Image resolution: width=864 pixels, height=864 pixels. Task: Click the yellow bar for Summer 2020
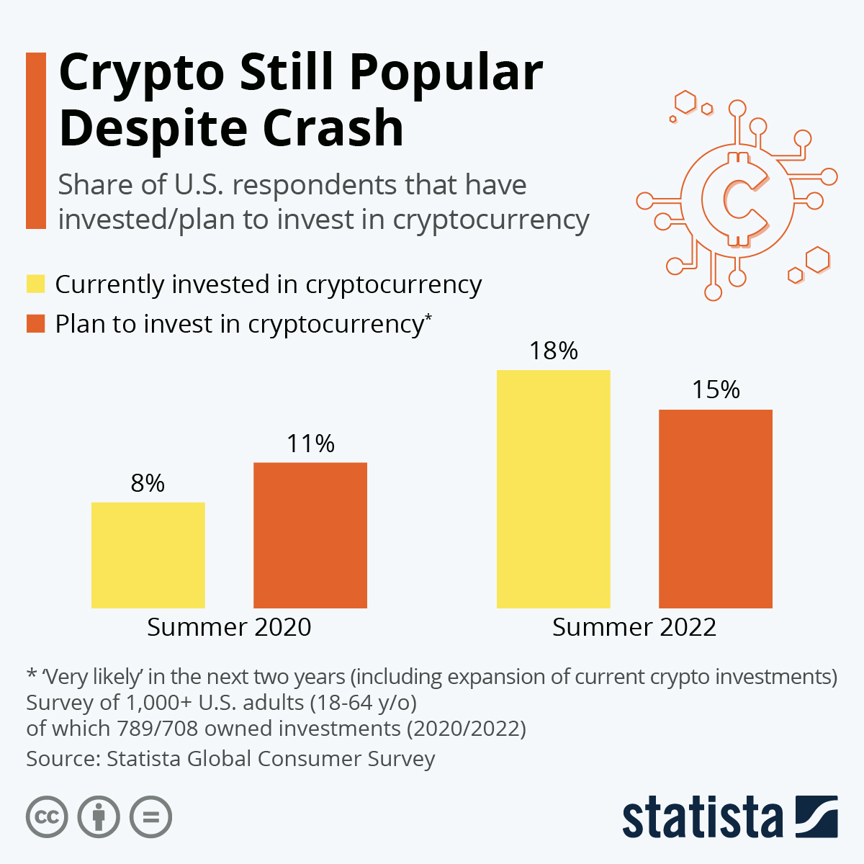[148, 555]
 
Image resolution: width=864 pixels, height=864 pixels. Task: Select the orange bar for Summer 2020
[310, 535]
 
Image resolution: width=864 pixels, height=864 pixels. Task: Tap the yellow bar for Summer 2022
[553, 489]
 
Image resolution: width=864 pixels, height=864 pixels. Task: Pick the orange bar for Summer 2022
[716, 508]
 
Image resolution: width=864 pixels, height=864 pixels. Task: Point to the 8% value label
[148, 483]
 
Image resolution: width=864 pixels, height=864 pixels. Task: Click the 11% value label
[310, 444]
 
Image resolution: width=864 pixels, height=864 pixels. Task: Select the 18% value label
[553, 351]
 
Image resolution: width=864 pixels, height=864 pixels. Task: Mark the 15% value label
[716, 390]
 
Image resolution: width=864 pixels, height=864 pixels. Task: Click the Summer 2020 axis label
[229, 627]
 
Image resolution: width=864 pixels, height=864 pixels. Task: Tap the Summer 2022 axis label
[634, 627]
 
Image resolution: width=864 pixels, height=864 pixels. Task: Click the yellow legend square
[36, 284]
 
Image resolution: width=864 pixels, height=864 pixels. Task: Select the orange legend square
[36, 323]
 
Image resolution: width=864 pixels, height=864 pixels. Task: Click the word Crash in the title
[333, 128]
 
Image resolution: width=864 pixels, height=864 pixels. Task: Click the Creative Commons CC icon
[47, 817]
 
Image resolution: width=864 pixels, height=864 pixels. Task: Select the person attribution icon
[99, 817]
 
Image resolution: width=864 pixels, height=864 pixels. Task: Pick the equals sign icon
[150, 817]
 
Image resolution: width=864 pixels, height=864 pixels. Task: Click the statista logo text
[702, 819]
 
